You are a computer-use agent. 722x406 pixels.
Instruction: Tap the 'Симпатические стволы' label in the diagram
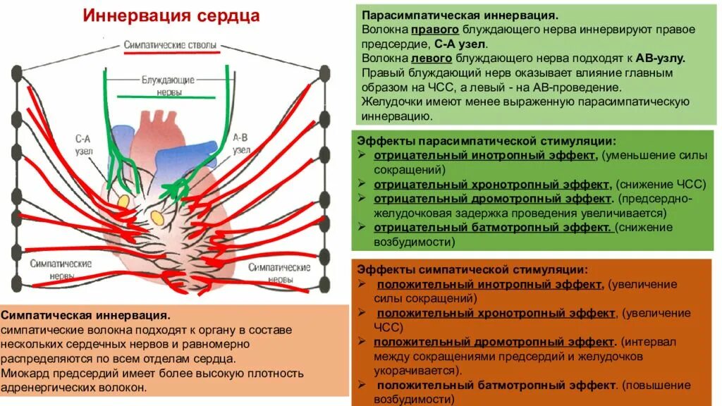[x=170, y=45]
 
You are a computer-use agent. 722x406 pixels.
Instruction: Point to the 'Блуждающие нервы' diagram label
[x=161, y=86]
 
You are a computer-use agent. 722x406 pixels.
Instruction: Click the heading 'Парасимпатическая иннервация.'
[x=460, y=16]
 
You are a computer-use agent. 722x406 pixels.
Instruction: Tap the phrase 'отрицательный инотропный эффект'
[x=485, y=155]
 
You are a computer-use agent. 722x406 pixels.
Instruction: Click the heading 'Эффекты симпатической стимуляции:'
[x=472, y=269]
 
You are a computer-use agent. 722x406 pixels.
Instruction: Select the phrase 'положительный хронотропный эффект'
[x=495, y=313]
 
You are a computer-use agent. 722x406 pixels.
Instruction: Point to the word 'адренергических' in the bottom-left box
[x=44, y=388]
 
